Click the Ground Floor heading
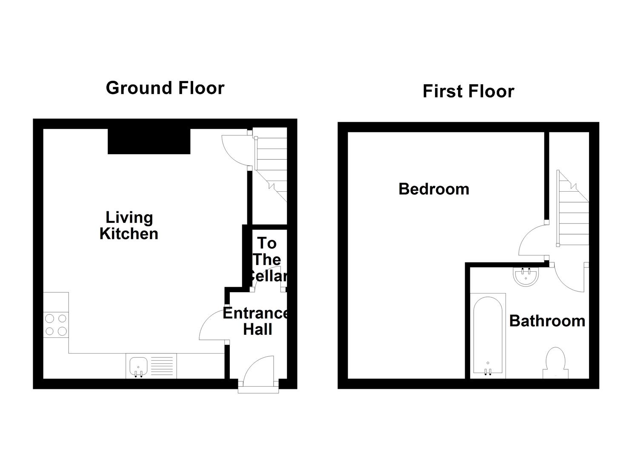165,88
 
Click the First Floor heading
468,92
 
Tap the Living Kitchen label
129,226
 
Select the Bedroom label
434,189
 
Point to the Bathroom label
547,321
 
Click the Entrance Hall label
257,321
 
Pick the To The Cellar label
267,259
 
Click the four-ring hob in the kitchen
56,325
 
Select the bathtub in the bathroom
488,335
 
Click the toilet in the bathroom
555,363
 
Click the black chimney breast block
149,141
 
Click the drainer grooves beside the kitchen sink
162,366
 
